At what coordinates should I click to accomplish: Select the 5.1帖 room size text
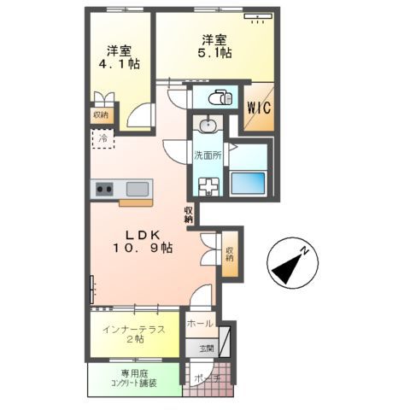point(216,53)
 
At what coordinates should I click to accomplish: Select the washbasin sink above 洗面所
point(208,126)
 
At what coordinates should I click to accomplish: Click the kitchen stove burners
point(104,189)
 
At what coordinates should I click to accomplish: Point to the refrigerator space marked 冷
point(102,138)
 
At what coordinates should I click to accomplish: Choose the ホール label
point(200,324)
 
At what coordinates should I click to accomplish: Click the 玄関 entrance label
point(207,348)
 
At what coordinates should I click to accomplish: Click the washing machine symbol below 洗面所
point(207,186)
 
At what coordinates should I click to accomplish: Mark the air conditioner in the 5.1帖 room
point(256,16)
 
